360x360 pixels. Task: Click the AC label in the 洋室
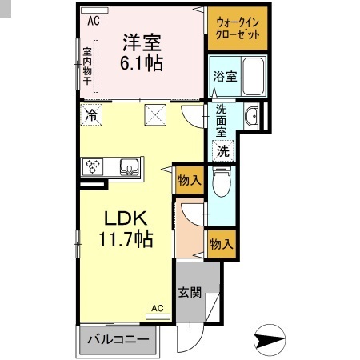pyautogui.click(x=94, y=22)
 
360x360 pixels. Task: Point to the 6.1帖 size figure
pyautogui.click(x=142, y=62)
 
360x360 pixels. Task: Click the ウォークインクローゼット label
pyautogui.click(x=237, y=29)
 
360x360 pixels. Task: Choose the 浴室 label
pyautogui.click(x=224, y=77)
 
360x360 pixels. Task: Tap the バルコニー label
pyautogui.click(x=118, y=340)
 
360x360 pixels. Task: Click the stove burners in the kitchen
pyautogui.click(x=93, y=167)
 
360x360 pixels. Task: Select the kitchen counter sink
pyautogui.click(x=129, y=167)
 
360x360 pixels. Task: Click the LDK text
pyautogui.click(x=121, y=218)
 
